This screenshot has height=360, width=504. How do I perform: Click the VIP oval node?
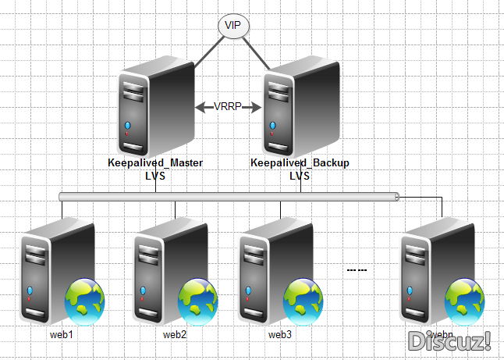[232, 26]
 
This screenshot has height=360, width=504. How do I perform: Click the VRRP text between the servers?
[228, 107]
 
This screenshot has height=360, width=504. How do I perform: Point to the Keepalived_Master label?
[155, 163]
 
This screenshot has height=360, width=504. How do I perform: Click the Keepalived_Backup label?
[300, 163]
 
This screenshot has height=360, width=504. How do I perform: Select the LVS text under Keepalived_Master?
[155, 176]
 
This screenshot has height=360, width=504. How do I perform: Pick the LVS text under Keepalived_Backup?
[300, 176]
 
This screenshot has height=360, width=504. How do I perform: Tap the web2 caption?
[175, 335]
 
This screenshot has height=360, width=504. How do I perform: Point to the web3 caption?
[280, 335]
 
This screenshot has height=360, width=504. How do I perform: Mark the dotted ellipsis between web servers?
[357, 270]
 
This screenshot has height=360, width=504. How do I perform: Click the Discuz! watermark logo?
[450, 340]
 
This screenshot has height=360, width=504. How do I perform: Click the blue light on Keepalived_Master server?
[127, 125]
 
